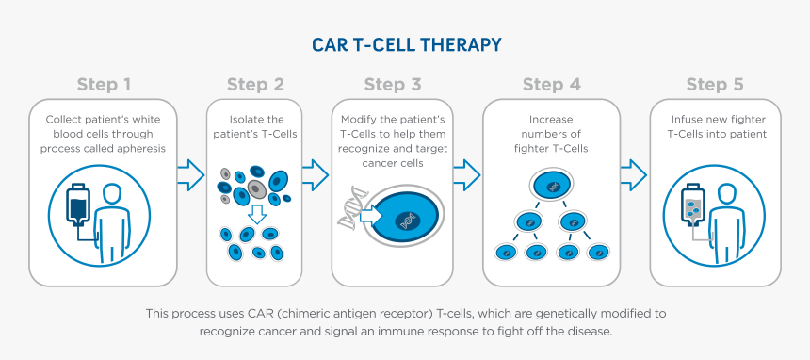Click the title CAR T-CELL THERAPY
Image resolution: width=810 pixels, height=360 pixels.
(406, 45)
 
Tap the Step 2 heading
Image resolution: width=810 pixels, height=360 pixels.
(255, 85)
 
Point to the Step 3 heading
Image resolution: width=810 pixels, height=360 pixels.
(393, 85)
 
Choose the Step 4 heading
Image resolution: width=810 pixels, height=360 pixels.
(551, 85)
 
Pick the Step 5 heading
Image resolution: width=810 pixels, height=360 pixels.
(714, 85)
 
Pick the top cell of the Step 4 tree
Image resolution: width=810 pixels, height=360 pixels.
(551, 186)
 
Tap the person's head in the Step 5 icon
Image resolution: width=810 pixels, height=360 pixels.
(726, 195)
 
